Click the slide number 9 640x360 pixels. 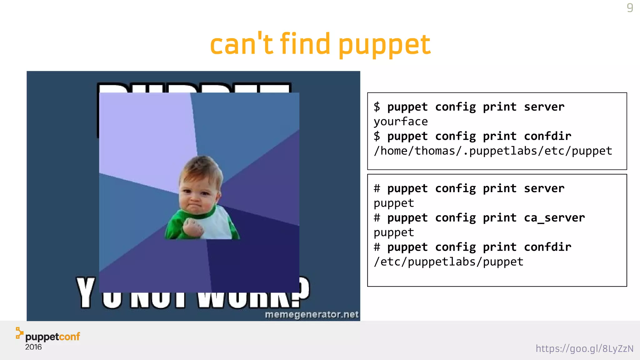coord(630,7)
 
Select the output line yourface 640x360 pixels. coord(401,122)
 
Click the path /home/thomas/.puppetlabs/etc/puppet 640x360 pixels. coord(493,151)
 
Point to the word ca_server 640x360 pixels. coord(554,218)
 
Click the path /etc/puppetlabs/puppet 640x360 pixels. coord(448,262)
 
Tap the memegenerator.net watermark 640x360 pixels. coord(312,314)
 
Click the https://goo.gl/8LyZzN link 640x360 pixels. coord(584,348)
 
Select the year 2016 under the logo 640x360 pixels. coord(33,347)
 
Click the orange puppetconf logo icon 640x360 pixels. coord(19,333)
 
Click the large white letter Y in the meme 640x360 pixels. coord(86,292)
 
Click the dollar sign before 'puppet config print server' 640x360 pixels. coord(377,107)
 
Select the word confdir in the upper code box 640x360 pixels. coord(547,136)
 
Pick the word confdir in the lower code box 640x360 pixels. coord(547,247)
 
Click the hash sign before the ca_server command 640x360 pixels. coord(377,218)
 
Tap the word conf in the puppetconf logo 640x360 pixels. coord(69,337)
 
